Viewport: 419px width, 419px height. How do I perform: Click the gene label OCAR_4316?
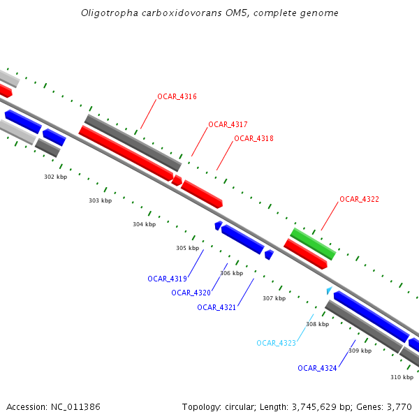[177, 96]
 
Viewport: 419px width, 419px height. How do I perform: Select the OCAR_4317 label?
[228, 124]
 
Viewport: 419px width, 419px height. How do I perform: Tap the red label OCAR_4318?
[254, 138]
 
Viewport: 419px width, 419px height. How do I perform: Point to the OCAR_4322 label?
[359, 199]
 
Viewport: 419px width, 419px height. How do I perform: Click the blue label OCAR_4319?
[168, 279]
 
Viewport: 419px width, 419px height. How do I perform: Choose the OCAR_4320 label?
[191, 293]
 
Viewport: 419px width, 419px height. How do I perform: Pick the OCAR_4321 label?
[216, 307]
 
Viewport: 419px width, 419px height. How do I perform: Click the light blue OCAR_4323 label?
[277, 343]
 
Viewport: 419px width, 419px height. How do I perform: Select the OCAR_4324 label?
[317, 368]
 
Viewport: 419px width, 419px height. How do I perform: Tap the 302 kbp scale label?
[56, 177]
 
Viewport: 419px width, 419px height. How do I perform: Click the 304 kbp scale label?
[145, 224]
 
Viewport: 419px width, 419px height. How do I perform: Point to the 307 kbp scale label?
[274, 298]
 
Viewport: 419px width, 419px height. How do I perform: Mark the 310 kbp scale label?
[402, 377]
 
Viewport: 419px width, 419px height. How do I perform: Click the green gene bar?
[313, 244]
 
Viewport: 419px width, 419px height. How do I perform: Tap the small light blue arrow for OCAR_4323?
[329, 291]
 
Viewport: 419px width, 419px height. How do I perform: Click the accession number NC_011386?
[75, 407]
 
